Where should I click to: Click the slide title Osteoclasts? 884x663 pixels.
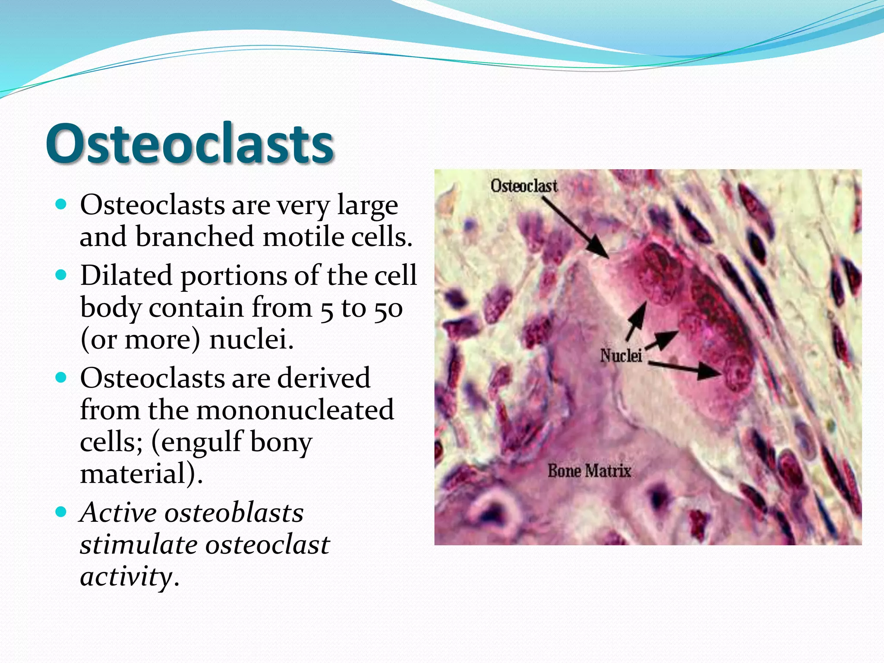(190, 144)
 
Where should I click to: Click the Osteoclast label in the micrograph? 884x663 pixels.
(524, 186)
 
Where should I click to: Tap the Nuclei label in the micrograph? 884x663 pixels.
(621, 356)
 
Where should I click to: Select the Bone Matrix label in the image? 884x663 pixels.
(589, 470)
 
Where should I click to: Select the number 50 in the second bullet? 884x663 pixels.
(388, 308)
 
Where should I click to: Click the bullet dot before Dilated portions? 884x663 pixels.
(61, 275)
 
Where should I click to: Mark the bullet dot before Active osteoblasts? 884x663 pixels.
(61, 512)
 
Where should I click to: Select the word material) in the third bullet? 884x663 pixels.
(141, 474)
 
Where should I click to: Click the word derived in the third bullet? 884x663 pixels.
(323, 378)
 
